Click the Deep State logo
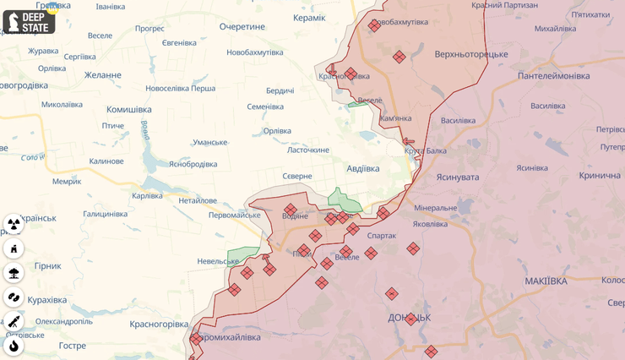point(29,21)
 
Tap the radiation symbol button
point(14,224)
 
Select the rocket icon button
point(14,321)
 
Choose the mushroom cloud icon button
point(14,272)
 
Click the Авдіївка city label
point(363,168)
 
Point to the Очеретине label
point(242,27)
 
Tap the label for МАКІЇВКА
point(546,281)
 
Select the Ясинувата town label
point(457,177)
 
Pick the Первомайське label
point(210,215)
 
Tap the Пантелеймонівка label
point(554,76)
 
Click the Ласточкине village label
point(308,150)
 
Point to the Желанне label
point(102,74)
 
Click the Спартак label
point(382,236)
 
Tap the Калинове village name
point(106,161)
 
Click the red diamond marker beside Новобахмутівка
point(374,26)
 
